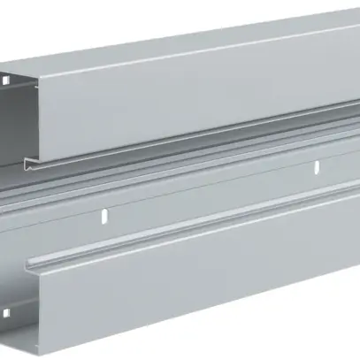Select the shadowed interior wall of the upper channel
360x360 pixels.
[16, 115]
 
